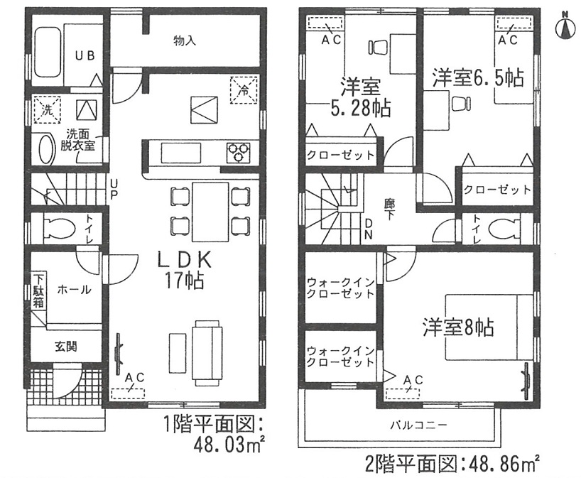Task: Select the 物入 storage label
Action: (x=185, y=40)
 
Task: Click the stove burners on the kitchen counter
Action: (x=238, y=152)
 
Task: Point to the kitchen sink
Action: (x=181, y=152)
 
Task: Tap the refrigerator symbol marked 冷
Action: (x=244, y=89)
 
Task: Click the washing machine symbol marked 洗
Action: (x=47, y=109)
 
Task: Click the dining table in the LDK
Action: (x=210, y=212)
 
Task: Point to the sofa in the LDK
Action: (x=207, y=353)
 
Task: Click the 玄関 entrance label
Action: (x=66, y=347)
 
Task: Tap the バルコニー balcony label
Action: (x=418, y=425)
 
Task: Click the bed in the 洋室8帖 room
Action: (x=489, y=327)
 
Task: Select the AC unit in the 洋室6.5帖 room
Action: (x=514, y=23)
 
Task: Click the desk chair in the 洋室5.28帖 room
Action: (x=378, y=48)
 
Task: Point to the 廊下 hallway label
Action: (x=389, y=209)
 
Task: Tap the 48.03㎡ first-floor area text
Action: (x=229, y=445)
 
